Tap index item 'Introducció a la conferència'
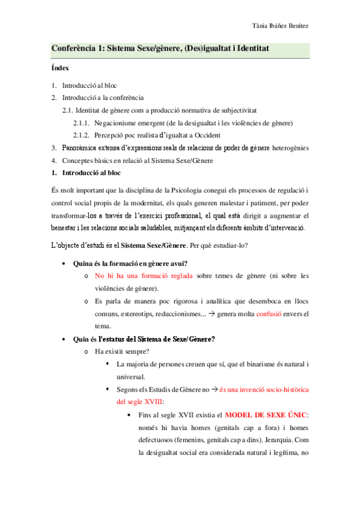[x=103, y=97]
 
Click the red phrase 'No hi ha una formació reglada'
[x=144, y=276]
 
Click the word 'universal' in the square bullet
[x=135, y=377]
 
